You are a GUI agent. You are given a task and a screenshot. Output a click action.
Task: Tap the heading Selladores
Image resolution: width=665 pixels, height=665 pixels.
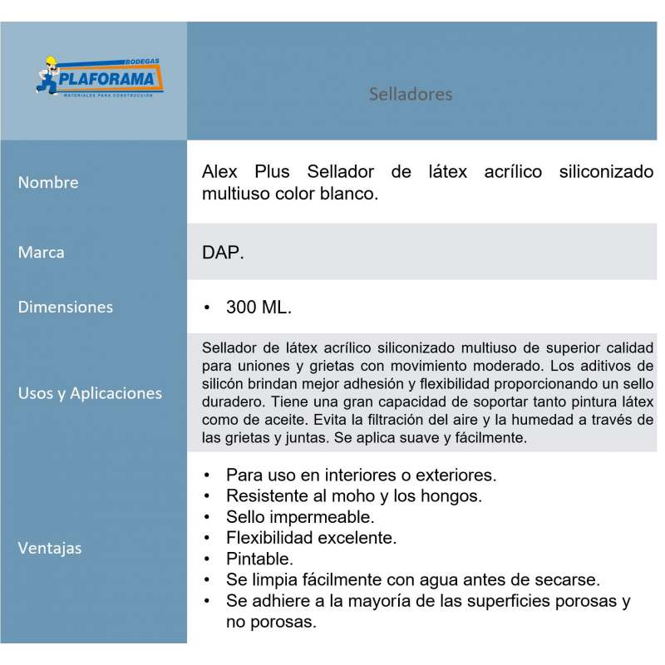(411, 94)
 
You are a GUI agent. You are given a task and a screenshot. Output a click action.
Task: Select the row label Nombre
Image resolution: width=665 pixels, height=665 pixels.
(48, 182)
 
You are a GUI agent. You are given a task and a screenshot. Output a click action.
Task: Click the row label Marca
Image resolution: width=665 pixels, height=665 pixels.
(41, 252)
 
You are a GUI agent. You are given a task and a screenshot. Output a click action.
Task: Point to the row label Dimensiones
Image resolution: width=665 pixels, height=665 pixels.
(65, 307)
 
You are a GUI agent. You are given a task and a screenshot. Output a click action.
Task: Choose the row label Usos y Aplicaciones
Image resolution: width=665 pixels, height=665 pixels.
(90, 393)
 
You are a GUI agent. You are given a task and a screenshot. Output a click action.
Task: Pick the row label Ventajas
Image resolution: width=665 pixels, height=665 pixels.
(49, 549)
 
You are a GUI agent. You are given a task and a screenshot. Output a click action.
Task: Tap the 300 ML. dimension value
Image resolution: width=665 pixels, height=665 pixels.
(259, 308)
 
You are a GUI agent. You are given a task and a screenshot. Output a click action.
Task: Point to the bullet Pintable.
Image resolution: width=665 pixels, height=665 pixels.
(259, 559)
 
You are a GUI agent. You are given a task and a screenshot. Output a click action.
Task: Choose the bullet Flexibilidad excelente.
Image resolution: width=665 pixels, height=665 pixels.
(311, 538)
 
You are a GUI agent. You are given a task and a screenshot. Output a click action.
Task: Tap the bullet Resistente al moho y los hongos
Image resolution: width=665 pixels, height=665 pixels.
(354, 496)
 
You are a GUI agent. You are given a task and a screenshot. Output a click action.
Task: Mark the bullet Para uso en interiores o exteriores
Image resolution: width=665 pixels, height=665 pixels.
(360, 475)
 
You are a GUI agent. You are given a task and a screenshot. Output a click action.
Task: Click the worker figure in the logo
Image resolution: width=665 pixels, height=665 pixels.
(50, 74)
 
